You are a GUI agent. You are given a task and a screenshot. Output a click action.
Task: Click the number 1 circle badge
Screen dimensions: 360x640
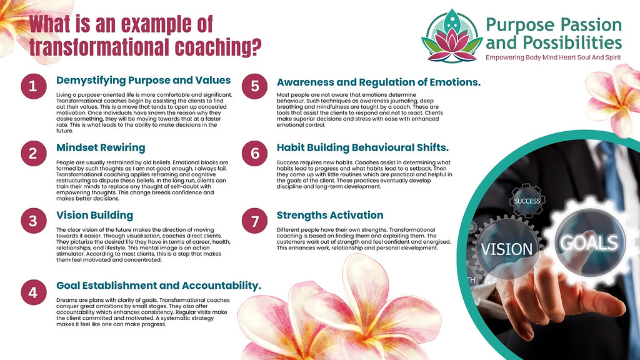(32, 87)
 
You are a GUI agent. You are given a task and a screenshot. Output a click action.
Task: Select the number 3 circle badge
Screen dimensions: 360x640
(32, 221)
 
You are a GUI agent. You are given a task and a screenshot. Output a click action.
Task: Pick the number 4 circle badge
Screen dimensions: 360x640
(32, 292)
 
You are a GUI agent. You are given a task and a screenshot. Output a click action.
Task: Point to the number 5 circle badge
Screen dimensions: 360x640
(254, 87)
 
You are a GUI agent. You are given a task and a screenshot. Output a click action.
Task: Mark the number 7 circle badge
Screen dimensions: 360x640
(254, 221)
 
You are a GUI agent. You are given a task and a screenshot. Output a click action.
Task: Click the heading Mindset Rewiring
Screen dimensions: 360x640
(101, 148)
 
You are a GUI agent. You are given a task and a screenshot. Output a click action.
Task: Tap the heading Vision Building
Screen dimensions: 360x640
(94, 216)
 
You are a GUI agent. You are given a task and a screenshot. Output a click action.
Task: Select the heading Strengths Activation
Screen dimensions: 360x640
(330, 216)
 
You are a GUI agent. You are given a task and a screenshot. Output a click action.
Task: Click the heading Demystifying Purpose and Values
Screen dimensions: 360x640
(144, 81)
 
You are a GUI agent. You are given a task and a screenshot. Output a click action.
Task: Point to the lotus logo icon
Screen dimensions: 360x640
(452, 34)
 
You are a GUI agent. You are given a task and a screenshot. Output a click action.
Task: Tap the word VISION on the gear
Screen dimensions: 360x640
(506, 250)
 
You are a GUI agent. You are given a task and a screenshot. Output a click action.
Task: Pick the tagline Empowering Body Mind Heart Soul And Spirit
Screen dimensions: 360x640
(554, 58)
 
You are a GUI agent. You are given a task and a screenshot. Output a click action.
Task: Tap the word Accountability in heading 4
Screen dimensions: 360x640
(220, 286)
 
